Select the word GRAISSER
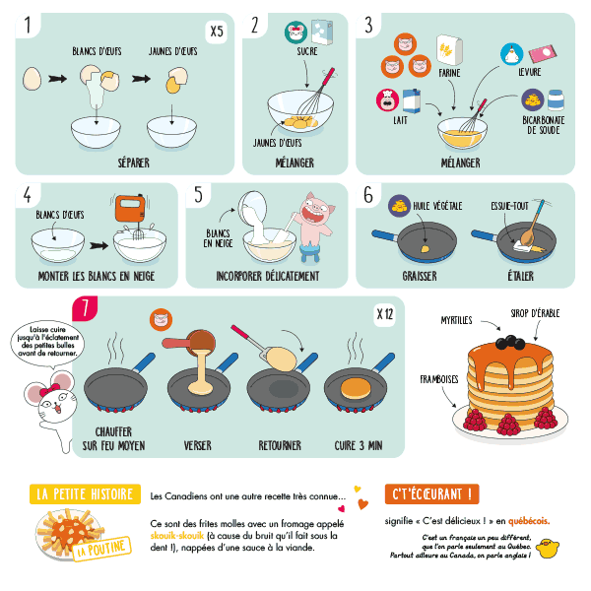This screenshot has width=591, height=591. click(x=421, y=277)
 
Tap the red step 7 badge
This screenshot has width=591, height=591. click(x=88, y=308)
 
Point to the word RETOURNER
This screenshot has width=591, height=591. click(x=280, y=445)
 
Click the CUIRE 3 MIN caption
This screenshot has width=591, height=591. click(x=357, y=445)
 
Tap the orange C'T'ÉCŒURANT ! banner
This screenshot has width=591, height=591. click(x=430, y=493)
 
